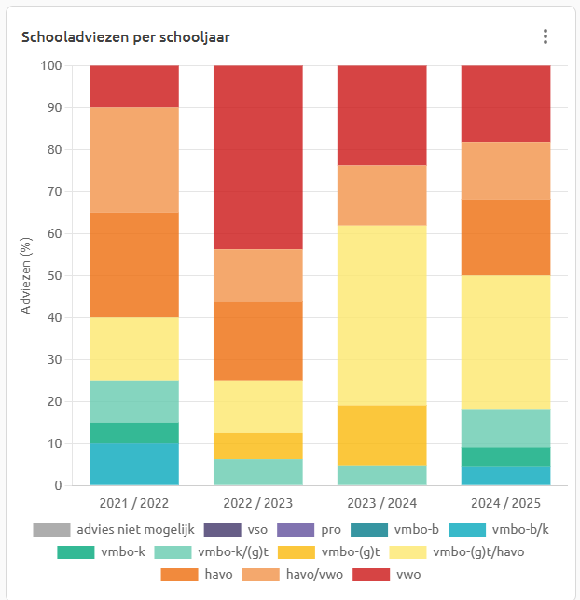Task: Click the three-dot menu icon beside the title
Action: tap(545, 36)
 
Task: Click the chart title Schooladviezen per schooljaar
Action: tap(125, 37)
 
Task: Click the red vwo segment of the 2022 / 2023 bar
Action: tap(258, 157)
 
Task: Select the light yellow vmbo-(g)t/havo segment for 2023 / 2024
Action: tap(381, 315)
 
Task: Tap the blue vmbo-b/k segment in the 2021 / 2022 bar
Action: tap(134, 464)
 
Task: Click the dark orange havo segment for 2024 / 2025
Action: tap(505, 237)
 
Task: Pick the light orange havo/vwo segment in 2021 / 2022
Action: tap(134, 160)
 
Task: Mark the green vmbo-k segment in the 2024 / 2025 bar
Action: tap(505, 456)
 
